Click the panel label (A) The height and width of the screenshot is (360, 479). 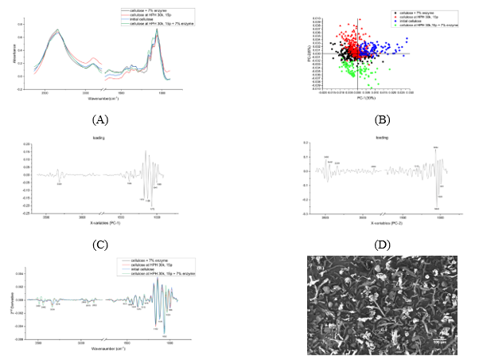pos(99,119)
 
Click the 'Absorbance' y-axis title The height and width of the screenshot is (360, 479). pos(18,53)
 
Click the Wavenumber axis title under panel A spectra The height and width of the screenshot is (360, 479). pos(99,99)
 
